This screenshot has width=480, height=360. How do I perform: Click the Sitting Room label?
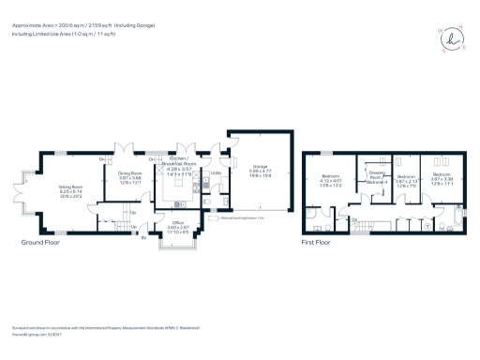click(72, 188)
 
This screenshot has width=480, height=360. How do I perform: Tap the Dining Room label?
click(128, 176)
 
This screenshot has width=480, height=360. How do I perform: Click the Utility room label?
click(215, 173)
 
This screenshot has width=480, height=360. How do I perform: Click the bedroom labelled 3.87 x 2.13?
click(405, 180)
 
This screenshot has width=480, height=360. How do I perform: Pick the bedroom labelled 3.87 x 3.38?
click(442, 180)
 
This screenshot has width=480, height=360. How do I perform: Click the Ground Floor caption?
click(42, 242)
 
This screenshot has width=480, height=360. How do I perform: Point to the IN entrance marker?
click(142, 239)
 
